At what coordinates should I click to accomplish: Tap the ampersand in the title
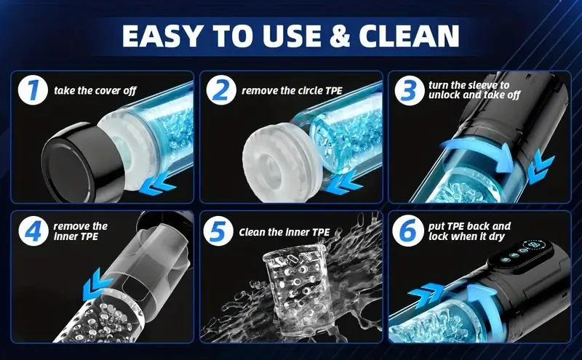[338, 36]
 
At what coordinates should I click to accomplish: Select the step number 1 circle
[33, 90]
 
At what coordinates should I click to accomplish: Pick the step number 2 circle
[221, 90]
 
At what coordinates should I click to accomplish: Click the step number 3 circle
[410, 90]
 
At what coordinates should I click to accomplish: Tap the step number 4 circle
[33, 231]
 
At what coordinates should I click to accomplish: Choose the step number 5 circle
[218, 231]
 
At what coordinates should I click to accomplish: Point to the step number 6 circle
[407, 231]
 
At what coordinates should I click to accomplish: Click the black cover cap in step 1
[80, 164]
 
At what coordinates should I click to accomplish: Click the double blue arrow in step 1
[157, 185]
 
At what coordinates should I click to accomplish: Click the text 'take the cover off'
[95, 91]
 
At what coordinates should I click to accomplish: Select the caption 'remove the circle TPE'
[292, 91]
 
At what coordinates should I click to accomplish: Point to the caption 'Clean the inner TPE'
[284, 232]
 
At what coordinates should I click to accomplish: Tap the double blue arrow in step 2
[345, 185]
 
